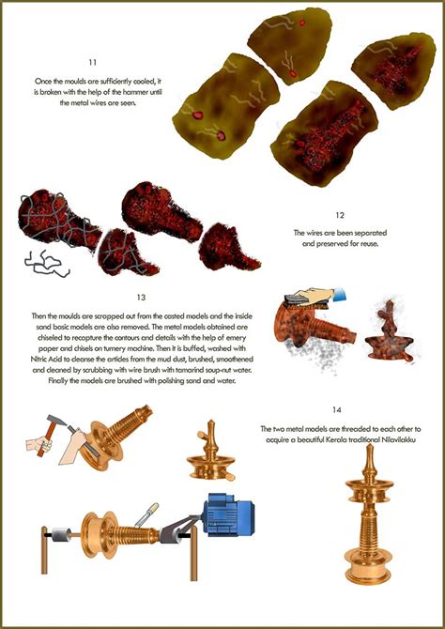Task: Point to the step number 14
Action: [337, 410]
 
